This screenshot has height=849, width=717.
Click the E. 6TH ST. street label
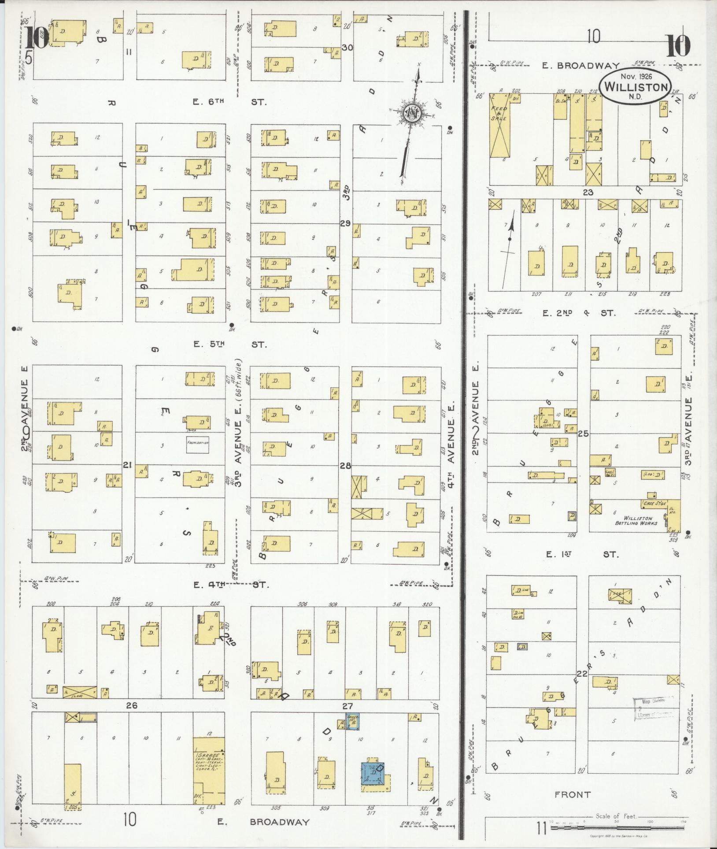point(229,102)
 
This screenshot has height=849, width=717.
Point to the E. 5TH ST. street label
point(230,344)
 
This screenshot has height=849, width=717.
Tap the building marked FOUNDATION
point(197,445)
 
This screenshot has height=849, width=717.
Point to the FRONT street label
point(572,794)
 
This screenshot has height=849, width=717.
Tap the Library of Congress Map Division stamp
point(654,709)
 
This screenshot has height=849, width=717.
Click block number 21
point(128,464)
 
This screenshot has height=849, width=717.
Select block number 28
point(345,465)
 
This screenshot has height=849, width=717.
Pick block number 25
point(584,434)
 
